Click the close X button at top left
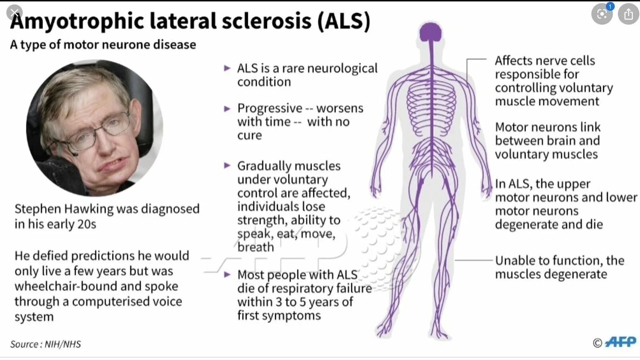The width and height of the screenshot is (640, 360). click(15, 13)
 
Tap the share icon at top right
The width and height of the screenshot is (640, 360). click(628, 14)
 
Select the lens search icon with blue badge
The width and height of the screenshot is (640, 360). click(602, 14)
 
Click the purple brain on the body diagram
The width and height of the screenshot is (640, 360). click(431, 32)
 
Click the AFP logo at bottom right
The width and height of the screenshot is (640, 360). click(620, 342)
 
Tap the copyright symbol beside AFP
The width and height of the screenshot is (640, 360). click(597, 343)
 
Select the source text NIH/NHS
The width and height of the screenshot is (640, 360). click(63, 344)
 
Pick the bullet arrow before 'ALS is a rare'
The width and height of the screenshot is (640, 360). click(227, 68)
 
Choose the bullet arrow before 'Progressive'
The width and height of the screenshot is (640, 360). click(227, 108)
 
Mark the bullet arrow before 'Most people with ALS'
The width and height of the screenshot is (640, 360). click(227, 275)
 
